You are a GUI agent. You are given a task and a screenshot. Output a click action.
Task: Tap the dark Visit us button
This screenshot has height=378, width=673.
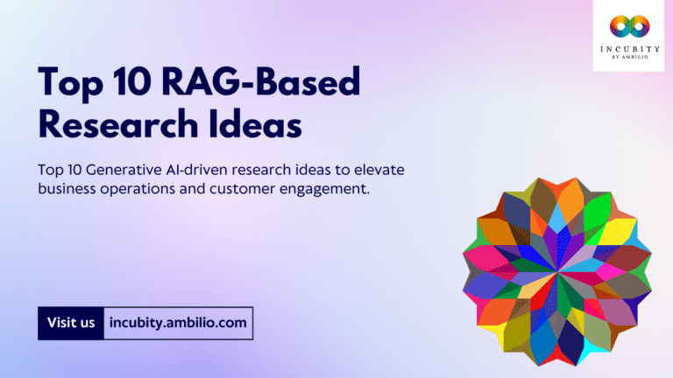coord(71,323)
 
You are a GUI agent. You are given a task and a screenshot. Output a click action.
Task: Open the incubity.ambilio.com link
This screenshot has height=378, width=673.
coord(179,323)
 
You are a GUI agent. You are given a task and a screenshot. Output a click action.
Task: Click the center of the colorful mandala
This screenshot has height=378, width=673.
coord(557,273)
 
